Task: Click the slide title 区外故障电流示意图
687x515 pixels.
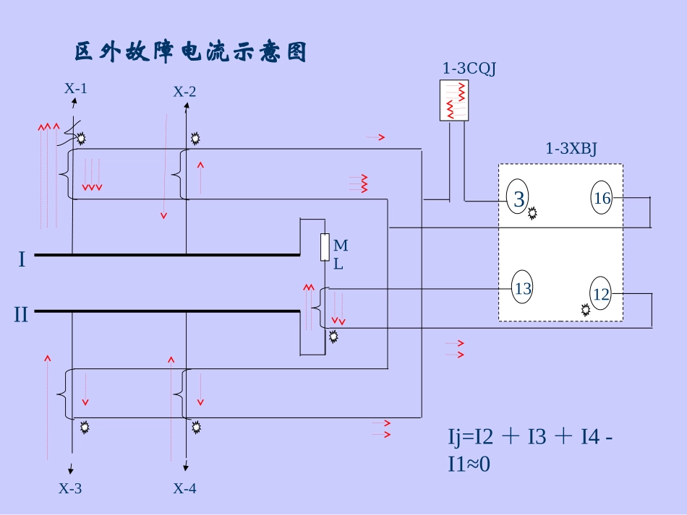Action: [191, 53]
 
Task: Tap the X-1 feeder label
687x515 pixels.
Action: [76, 89]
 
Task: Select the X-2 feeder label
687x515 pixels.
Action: [184, 92]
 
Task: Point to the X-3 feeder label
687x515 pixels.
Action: [70, 489]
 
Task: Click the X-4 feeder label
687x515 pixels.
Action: [184, 489]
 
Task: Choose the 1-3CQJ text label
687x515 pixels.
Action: [469, 69]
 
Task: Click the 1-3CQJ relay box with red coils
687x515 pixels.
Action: [455, 100]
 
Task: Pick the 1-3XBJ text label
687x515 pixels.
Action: [571, 149]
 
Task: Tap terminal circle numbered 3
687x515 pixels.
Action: [519, 199]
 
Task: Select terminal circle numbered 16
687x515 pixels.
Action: [602, 198]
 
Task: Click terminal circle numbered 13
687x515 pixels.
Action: [523, 289]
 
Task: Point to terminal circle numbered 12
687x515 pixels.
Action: [602, 295]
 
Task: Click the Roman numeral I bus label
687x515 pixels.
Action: [22, 259]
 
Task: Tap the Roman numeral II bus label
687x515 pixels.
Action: [21, 315]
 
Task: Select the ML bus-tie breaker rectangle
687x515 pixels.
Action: [325, 247]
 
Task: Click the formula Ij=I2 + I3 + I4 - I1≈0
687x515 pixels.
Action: [532, 450]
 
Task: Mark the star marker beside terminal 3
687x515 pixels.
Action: [533, 213]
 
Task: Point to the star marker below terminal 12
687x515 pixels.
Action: [585, 310]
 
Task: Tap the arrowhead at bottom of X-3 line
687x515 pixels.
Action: [72, 468]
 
